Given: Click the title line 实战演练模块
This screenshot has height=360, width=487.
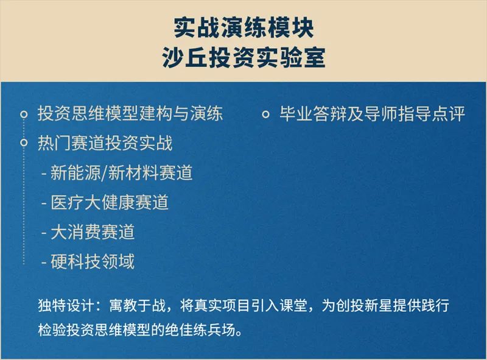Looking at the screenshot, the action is click(243, 27).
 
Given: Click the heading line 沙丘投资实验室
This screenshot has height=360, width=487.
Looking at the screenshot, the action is click(243, 57).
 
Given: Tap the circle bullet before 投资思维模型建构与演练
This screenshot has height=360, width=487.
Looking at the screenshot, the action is click(24, 115).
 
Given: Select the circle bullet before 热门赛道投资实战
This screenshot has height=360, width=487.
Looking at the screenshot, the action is click(24, 143).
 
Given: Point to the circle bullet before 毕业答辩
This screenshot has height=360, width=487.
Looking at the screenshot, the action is click(265, 115).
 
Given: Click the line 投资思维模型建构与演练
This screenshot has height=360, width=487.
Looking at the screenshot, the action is click(130, 113).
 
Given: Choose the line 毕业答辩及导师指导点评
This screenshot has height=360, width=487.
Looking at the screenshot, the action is click(372, 113).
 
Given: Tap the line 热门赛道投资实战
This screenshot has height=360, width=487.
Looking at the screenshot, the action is click(105, 143).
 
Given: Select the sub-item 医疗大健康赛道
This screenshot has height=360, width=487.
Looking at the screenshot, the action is click(110, 202).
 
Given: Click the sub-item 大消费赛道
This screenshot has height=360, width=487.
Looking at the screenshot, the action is click(93, 232).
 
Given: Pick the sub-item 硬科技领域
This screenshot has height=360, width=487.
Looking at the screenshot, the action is click(93, 261).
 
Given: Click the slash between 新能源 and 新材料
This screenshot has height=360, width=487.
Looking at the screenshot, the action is click(105, 173).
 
